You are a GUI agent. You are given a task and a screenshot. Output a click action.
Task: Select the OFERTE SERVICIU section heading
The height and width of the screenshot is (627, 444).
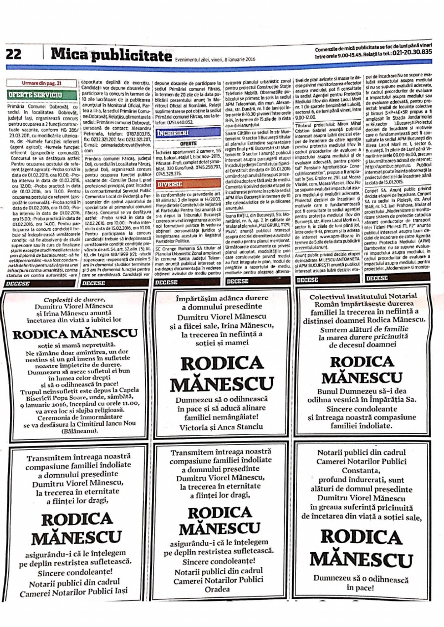[x=35, y=94]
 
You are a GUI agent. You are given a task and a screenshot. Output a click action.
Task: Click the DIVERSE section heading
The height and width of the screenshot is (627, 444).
[x=169, y=184]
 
